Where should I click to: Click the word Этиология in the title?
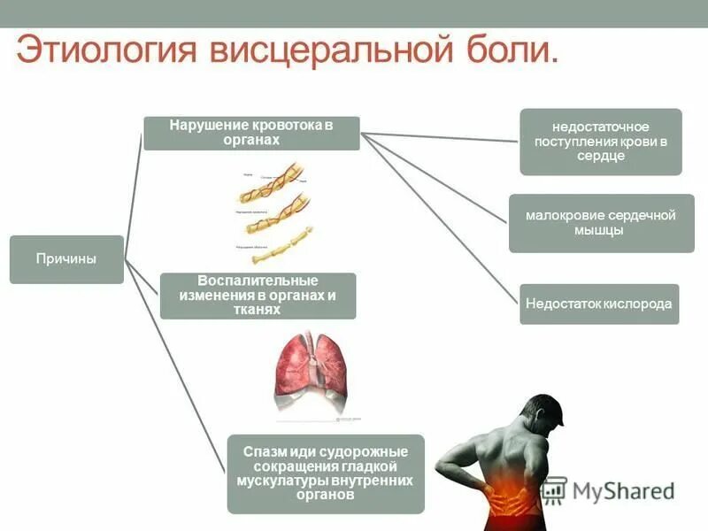(105, 50)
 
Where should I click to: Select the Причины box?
(66, 259)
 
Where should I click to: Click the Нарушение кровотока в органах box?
(251, 133)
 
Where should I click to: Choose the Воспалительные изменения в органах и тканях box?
(258, 296)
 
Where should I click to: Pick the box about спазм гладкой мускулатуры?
(325, 473)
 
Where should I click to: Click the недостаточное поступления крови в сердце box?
(600, 142)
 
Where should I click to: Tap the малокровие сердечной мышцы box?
(601, 223)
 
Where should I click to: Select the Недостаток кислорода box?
(599, 304)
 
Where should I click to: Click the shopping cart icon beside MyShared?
(553, 489)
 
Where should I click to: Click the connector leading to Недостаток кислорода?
(442, 221)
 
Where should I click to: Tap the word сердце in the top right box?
(600, 156)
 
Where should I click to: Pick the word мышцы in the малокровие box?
(601, 230)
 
